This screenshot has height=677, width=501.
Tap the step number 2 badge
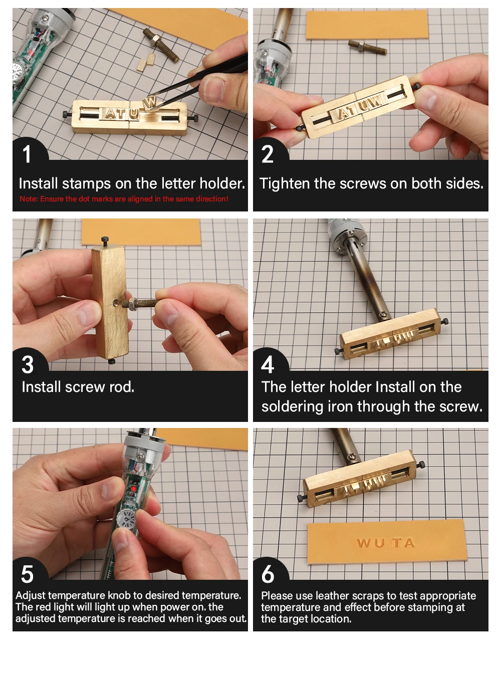[268, 154]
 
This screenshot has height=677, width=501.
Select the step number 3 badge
[28, 364]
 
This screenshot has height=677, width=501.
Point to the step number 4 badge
[268, 364]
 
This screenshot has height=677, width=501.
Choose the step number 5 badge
[27, 574]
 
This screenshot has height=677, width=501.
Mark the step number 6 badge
[268, 574]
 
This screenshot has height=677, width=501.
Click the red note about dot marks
[124, 199]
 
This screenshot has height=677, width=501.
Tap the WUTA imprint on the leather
[385, 543]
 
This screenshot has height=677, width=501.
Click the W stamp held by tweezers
[150, 102]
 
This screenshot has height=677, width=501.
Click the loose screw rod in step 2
[368, 47]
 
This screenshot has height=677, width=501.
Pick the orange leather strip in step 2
[367, 25]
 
